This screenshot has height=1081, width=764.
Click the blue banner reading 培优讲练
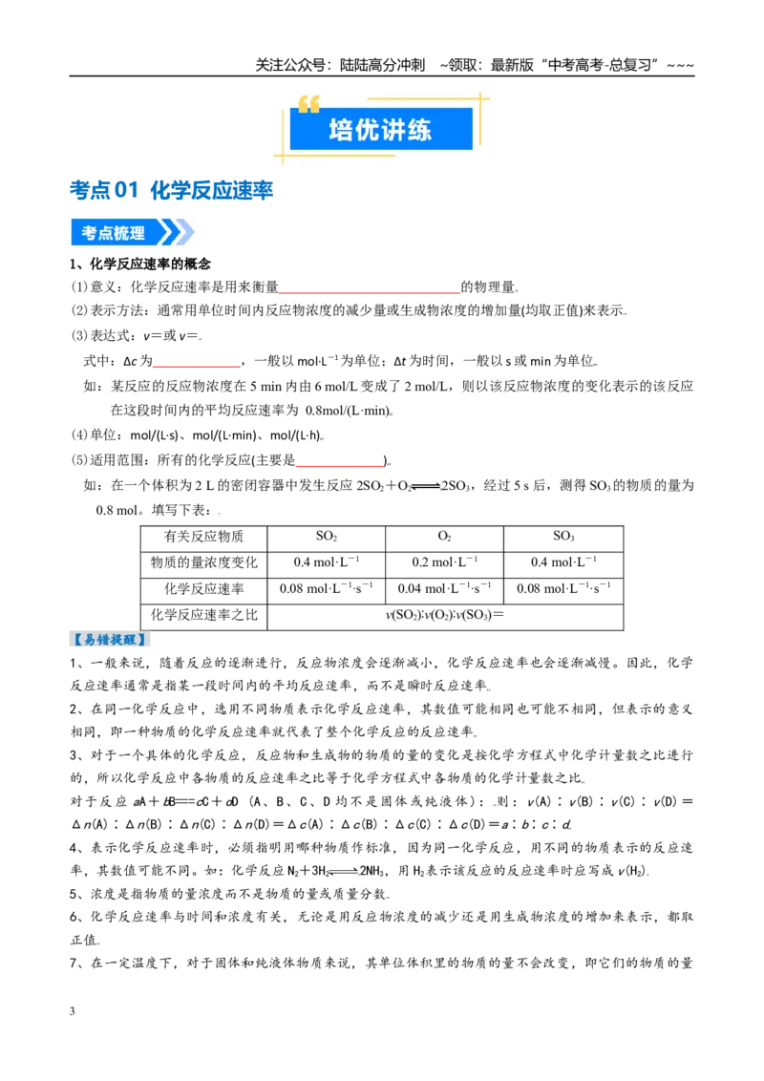(x=381, y=129)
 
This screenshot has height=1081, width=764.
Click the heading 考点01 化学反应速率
(x=172, y=190)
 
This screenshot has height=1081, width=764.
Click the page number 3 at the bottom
(x=73, y=1011)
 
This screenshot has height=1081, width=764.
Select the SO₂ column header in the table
(x=327, y=537)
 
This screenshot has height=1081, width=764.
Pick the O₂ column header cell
(x=445, y=537)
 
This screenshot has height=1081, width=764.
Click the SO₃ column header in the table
(x=563, y=537)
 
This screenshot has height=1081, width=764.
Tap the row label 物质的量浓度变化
(x=204, y=563)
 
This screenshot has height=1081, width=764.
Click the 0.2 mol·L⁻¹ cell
(x=445, y=563)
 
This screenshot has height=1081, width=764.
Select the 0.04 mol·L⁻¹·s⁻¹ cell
(x=445, y=589)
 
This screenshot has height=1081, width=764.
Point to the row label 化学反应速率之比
(x=204, y=616)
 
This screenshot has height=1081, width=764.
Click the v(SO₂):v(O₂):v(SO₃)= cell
(x=445, y=616)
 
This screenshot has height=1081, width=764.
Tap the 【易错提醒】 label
(x=110, y=640)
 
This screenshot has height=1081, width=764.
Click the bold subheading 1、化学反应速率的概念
(x=140, y=265)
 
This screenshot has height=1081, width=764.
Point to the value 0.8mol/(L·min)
(x=349, y=411)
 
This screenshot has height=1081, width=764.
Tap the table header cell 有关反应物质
(x=204, y=537)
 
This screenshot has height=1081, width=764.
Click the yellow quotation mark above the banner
(x=308, y=104)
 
